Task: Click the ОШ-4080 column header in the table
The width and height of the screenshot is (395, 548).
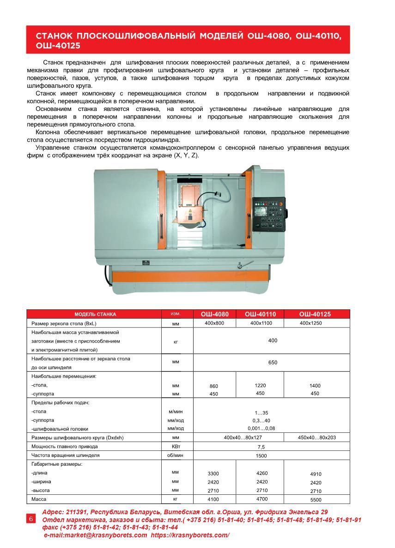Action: tap(214, 314)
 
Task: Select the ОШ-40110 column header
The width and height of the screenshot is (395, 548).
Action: tap(260, 314)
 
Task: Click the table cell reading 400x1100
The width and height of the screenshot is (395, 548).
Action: tap(260, 323)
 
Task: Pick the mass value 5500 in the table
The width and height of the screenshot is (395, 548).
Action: tap(316, 500)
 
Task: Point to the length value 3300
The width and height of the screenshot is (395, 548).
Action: tap(213, 474)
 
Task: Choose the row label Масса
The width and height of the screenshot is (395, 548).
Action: tap(39, 499)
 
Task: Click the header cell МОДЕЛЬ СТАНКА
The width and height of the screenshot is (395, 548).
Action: tap(95, 314)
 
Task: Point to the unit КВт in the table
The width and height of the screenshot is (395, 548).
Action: tap(176, 446)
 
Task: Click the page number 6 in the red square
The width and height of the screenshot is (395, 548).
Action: tap(31, 518)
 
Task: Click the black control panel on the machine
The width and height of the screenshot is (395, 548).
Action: tap(269, 213)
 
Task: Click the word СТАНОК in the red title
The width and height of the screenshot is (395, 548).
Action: tap(54, 36)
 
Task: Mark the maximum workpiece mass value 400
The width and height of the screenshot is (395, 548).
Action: tap(273, 340)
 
